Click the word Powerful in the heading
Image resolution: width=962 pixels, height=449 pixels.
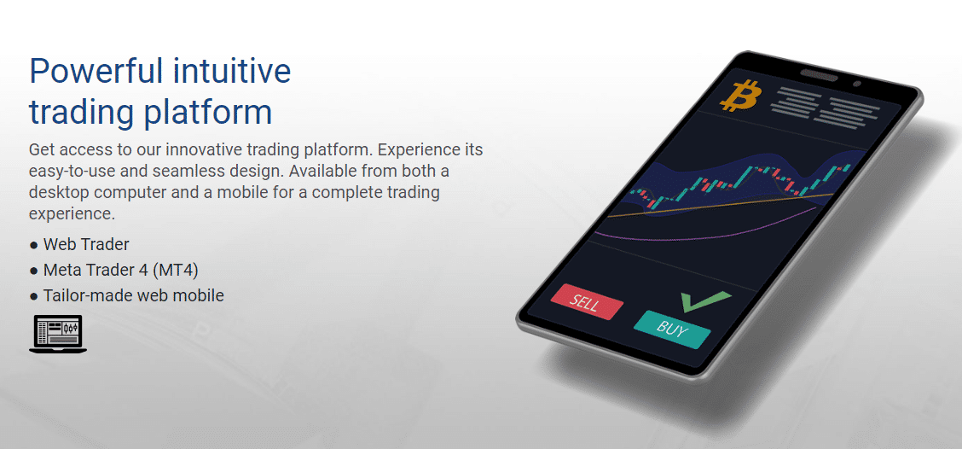click(x=96, y=71)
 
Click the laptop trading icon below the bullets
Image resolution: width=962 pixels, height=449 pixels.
click(x=58, y=334)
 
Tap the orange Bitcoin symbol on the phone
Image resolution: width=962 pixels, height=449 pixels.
click(x=740, y=96)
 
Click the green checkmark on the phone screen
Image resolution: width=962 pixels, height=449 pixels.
click(x=705, y=300)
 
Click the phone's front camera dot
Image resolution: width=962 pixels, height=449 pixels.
click(x=857, y=83)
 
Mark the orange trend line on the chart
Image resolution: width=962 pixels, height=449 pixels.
click(x=720, y=206)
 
